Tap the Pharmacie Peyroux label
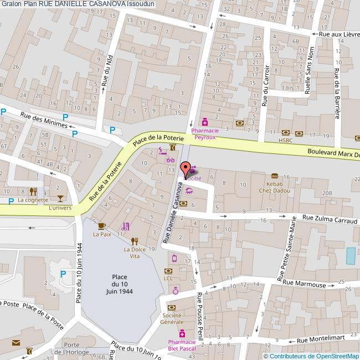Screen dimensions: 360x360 [x=205, y=133]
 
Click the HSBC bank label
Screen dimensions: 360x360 [x=285, y=141]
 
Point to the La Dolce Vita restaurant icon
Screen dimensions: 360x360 [x=134, y=241]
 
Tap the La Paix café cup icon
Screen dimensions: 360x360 [x=101, y=225]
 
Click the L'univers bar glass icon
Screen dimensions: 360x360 [x=60, y=198]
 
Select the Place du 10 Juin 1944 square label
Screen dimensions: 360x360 [x=120, y=284]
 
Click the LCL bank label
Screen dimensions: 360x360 [x=169, y=278]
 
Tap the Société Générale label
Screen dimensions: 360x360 [x=172, y=318]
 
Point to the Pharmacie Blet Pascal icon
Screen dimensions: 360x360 [x=182, y=333]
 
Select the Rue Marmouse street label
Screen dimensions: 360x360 [x=304, y=284]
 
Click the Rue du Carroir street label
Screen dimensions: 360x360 [x=266, y=86]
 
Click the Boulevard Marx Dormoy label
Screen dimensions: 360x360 [x=333, y=155]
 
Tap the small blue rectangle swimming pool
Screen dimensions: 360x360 [x=351, y=256]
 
